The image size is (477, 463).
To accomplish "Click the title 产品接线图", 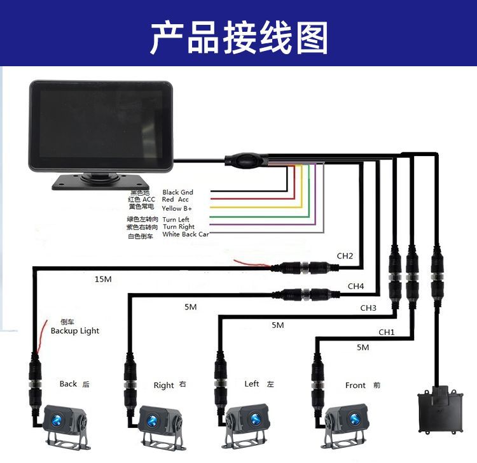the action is pyautogui.click(x=238, y=37).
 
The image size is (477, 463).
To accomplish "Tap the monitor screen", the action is pyautogui.click(x=100, y=124).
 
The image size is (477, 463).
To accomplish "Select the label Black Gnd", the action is pyautogui.click(x=177, y=192).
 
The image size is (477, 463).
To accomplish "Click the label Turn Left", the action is pyautogui.click(x=176, y=220).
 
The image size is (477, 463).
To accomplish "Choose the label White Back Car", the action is pyautogui.click(x=185, y=234).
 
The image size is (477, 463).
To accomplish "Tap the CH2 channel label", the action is pyautogui.click(x=345, y=256).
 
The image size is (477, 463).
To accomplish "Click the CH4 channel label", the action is pyautogui.click(x=356, y=287).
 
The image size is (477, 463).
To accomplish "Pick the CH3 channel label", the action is pyautogui.click(x=368, y=308).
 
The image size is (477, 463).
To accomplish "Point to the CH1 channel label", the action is pyautogui.click(x=387, y=332).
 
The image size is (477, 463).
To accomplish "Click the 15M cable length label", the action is pyautogui.click(x=102, y=279).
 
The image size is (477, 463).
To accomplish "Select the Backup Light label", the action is pyautogui.click(x=75, y=331).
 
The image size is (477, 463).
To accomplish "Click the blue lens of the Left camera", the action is pyautogui.click(x=256, y=419).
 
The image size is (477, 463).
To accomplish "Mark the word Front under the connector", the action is pyautogui.click(x=356, y=385).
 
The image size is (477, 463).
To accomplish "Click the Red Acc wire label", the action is pyautogui.click(x=176, y=200).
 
